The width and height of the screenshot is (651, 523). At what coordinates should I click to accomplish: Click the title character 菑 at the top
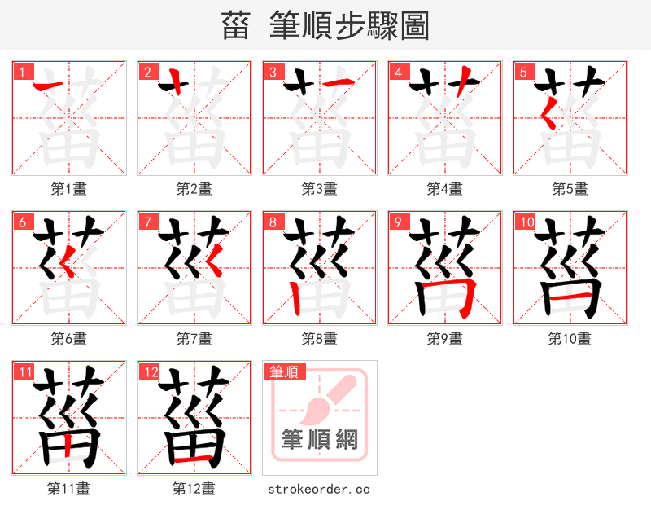click(x=236, y=26)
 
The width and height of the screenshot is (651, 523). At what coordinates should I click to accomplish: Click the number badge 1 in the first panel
click(x=21, y=72)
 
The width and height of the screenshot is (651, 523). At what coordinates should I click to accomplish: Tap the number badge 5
click(x=522, y=72)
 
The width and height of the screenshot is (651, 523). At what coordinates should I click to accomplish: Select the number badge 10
click(x=526, y=222)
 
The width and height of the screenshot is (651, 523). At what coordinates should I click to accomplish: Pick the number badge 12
click(x=150, y=371)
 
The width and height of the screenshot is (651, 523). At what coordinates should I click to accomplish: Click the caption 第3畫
click(x=319, y=189)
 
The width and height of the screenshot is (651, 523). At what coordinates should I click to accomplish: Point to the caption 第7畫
click(x=194, y=338)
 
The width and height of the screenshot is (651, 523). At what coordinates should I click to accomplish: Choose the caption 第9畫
click(x=444, y=338)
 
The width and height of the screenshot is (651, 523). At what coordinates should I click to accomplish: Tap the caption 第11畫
click(x=68, y=489)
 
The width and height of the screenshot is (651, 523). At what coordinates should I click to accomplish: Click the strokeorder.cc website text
click(x=319, y=489)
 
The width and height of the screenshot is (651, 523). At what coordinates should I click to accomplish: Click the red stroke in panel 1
click(x=46, y=84)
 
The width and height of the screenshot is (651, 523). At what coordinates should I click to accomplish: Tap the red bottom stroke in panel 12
click(x=194, y=459)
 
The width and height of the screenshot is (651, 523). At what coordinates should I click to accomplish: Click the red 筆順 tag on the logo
click(x=284, y=371)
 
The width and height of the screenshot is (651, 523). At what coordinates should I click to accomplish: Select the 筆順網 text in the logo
click(x=319, y=440)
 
